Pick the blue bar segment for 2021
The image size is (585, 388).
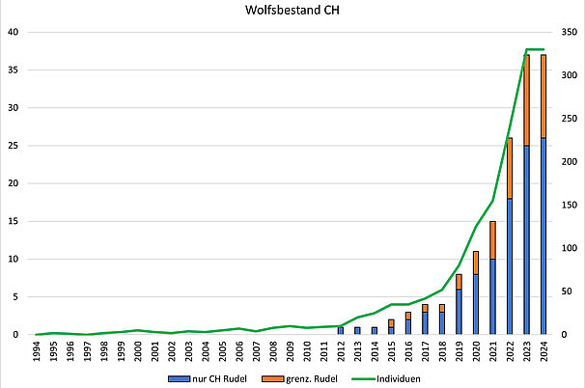coord(493,296)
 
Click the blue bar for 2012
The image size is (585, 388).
coord(341,330)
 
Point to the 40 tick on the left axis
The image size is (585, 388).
coord(14,32)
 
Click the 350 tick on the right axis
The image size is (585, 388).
coord(570,32)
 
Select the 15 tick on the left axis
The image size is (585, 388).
coord(14,221)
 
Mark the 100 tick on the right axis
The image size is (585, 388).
coord(570,248)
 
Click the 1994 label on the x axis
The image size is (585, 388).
coord(37,349)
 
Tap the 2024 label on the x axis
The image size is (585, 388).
coord(544,349)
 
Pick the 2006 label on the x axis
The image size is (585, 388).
coord(239,349)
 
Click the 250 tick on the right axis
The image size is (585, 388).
coord(570,119)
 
